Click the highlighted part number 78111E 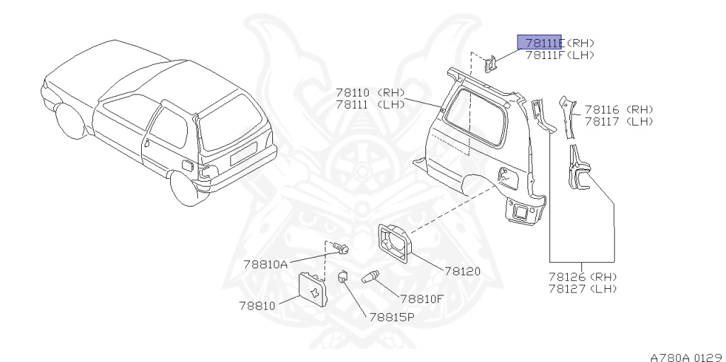point(540,43)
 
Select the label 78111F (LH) point(559,55)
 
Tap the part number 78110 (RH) point(369,92)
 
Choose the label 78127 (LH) point(582,288)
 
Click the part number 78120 point(462,271)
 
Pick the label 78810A point(265,264)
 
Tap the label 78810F point(421,299)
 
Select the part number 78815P point(391,317)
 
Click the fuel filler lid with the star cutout point(312,291)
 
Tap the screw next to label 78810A point(342,248)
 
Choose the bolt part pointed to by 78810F point(371,278)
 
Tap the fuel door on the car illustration point(189,165)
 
